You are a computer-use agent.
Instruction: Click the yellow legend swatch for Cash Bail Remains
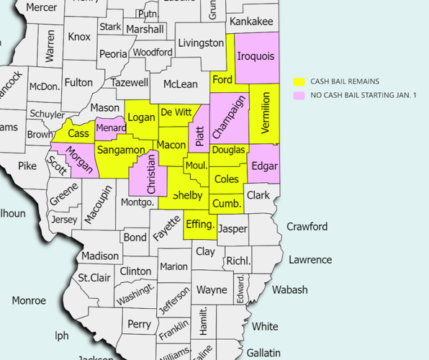point(299,82)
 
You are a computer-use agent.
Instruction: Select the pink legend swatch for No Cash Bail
point(299,95)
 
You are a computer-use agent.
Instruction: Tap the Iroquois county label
point(256,55)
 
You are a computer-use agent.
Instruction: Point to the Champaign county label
point(229,117)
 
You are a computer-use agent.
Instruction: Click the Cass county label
point(78,133)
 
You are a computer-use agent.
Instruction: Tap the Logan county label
point(141,117)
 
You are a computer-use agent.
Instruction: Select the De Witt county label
point(176,112)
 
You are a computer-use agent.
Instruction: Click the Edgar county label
point(265,167)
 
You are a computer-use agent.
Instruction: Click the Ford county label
point(222,80)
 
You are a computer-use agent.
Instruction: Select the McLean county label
point(180,84)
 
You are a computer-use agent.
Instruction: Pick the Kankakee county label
point(251,22)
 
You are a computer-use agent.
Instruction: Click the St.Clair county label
point(93,277)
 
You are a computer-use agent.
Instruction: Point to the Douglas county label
point(229,150)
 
